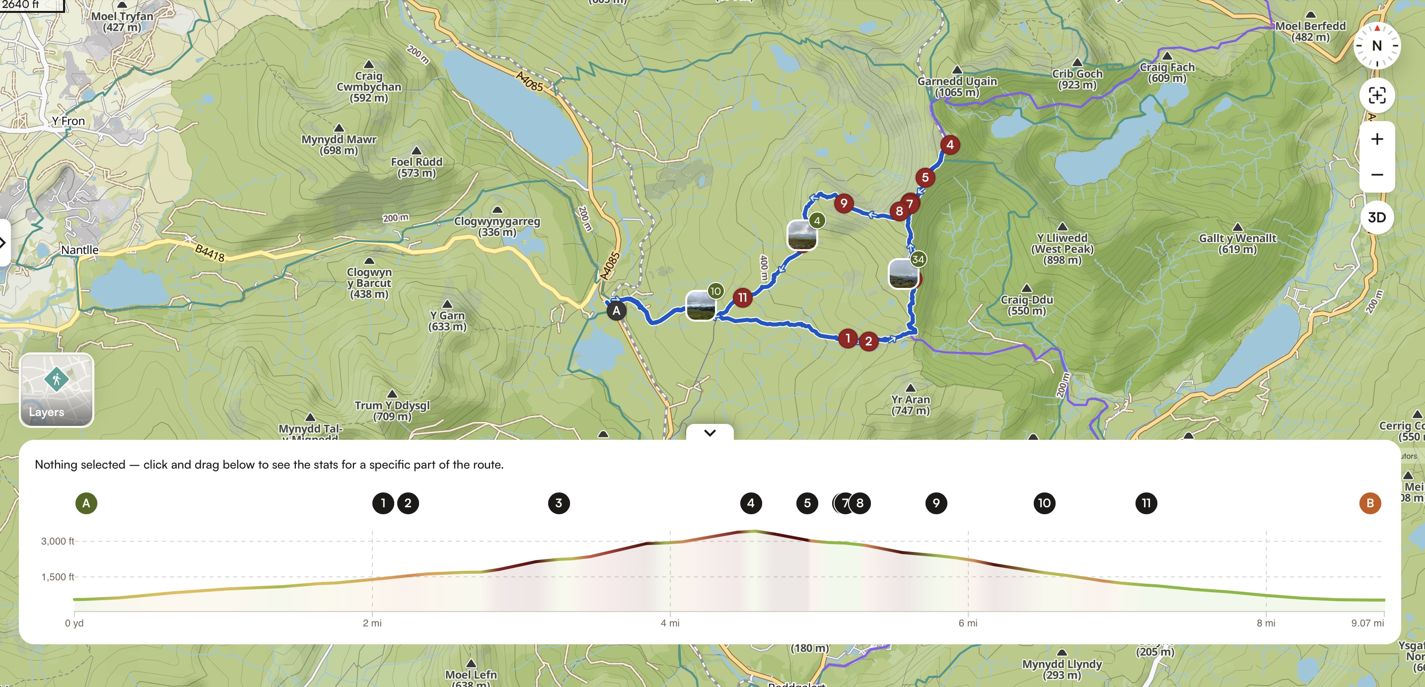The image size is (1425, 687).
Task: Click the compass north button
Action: click(1376, 46)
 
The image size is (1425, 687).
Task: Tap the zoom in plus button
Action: click(1376, 139)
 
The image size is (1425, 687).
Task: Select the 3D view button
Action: click(1376, 217)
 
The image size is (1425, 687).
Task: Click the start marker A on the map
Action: click(616, 310)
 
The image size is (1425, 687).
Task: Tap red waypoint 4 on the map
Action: click(950, 145)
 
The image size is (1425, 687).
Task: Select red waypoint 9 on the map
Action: click(844, 203)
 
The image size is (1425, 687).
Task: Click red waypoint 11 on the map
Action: click(742, 298)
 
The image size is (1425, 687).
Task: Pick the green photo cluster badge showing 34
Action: click(918, 259)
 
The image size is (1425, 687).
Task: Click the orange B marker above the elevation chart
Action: click(1370, 503)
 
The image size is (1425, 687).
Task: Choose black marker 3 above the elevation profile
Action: click(559, 503)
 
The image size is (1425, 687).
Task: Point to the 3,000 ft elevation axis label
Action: click(57, 541)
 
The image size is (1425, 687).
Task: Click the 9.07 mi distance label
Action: click(1367, 623)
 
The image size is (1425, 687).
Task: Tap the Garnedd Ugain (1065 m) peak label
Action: click(957, 86)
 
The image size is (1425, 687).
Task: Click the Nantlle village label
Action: click(79, 250)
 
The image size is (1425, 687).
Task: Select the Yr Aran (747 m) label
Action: click(911, 405)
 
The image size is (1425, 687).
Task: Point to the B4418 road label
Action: click(210, 253)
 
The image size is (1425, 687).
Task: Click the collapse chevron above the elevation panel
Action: click(710, 432)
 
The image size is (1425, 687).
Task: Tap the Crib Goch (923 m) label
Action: click(1077, 79)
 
